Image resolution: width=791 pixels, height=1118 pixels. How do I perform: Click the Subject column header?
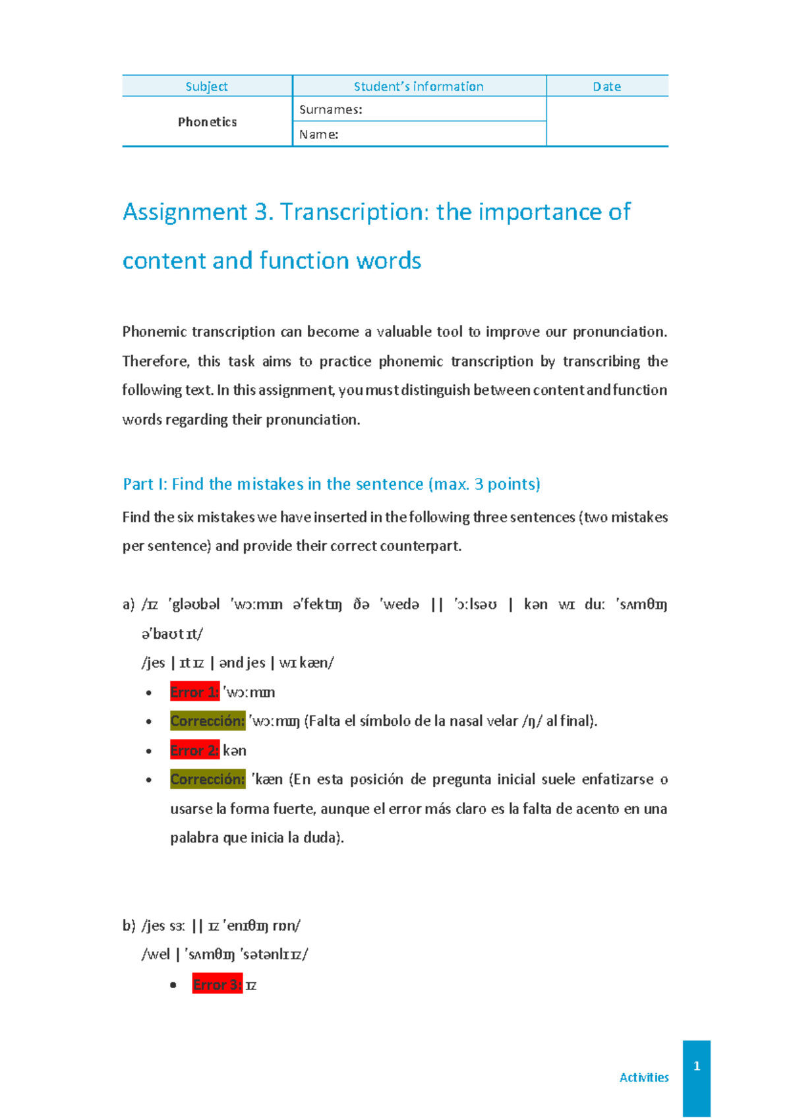(206, 86)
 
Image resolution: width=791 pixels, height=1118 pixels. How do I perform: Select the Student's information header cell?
(419, 86)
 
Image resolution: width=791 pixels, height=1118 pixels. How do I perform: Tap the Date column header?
(606, 86)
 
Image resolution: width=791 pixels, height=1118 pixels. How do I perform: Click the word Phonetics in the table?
(207, 122)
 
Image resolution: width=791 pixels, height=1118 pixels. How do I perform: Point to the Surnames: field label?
(330, 109)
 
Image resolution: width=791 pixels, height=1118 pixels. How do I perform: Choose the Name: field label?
(318, 134)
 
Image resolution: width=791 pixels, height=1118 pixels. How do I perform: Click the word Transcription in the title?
(354, 212)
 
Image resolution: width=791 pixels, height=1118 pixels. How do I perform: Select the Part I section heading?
(331, 484)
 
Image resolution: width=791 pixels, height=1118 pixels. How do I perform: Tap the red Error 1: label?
(194, 692)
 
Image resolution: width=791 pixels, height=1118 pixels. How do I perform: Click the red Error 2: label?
(194, 750)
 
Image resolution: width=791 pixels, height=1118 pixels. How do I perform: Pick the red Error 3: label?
(217, 985)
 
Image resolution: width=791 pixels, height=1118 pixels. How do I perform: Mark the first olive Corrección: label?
(207, 721)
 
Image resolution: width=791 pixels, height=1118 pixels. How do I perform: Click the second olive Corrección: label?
(207, 779)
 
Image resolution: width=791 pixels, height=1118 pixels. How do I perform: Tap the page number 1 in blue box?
(697, 1066)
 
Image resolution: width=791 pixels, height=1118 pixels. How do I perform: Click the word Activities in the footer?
(644, 1077)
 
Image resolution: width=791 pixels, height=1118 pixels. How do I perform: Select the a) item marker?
(129, 604)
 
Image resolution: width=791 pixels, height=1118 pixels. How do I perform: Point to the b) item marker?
(129, 926)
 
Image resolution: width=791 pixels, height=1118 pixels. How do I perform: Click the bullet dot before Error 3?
(173, 986)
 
